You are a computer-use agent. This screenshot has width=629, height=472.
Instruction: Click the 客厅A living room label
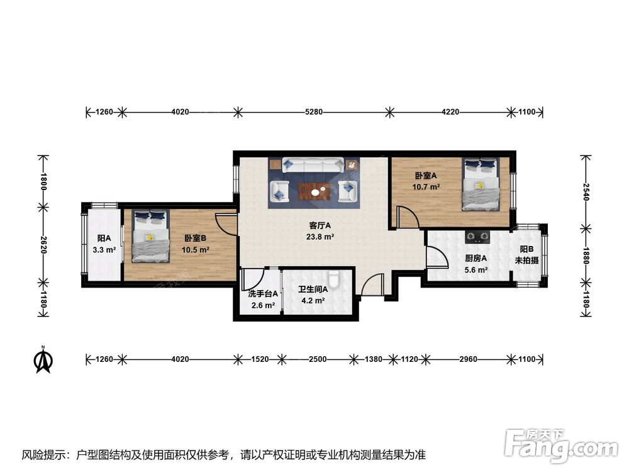pyautogui.click(x=320, y=225)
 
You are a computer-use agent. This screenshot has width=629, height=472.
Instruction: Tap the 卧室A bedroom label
pyautogui.click(x=426, y=176)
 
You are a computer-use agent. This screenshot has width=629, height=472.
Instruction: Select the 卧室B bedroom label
pyautogui.click(x=196, y=239)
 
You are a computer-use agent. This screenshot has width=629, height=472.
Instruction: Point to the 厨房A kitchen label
pyautogui.click(x=476, y=259)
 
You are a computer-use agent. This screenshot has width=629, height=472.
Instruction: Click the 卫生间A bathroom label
pyautogui.click(x=313, y=289)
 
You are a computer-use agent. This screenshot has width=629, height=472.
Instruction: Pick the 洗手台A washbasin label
pyautogui.click(x=263, y=294)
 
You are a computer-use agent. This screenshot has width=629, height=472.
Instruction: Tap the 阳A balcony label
pyautogui.click(x=104, y=239)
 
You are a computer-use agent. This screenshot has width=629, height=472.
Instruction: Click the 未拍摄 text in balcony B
pyautogui.click(x=526, y=261)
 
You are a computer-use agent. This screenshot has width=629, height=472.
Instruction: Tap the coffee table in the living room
pyautogui.click(x=314, y=191)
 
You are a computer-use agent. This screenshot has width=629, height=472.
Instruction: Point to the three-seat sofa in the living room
pyautogui.click(x=313, y=164)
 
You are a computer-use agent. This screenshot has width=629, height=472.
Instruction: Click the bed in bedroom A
pyautogui.click(x=481, y=184)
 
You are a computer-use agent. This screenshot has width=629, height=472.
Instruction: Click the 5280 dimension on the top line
pyautogui.click(x=314, y=112)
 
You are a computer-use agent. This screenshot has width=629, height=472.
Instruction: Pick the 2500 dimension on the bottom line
pyautogui.click(x=318, y=359)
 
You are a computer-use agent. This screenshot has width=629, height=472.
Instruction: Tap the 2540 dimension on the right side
pyautogui.click(x=586, y=191)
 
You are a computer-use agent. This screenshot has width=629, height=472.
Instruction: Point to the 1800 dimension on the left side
pyautogui.click(x=43, y=181)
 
